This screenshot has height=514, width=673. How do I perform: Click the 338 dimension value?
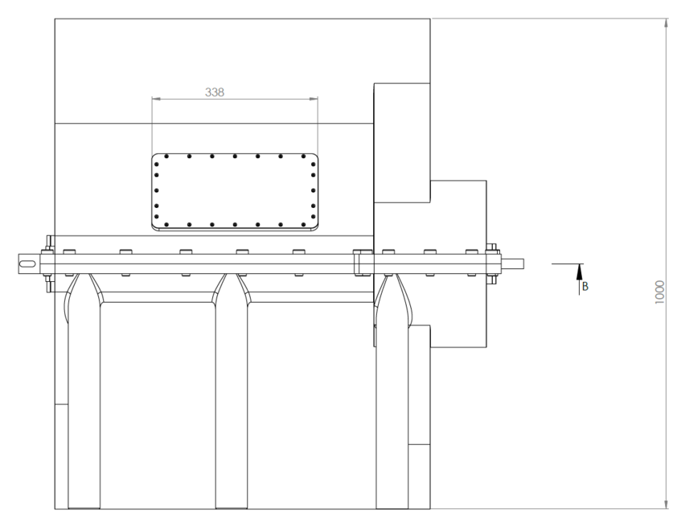click(215, 92)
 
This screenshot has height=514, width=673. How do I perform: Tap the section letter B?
click(585, 286)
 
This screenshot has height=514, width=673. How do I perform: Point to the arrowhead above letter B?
click(578, 270)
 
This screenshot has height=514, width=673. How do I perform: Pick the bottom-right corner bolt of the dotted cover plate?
click(310, 222)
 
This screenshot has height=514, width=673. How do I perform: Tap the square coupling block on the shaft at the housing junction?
click(362, 263)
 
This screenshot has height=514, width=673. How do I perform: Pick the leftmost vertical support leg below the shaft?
click(83, 402)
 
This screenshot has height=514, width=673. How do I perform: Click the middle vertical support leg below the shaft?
click(231, 402)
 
